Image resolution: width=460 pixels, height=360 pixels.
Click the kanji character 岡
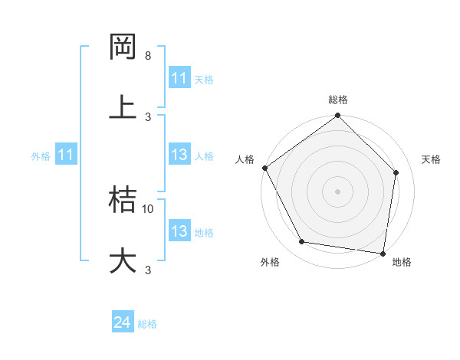point(123,47)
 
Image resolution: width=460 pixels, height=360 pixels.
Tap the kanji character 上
point(123,106)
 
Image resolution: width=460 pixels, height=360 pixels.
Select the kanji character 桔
point(123,199)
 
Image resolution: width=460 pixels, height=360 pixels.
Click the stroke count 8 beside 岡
point(148,56)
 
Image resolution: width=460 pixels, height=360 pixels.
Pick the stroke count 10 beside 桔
point(148,208)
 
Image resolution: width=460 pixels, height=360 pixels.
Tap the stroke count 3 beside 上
point(148,116)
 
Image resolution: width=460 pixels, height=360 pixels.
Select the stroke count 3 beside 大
point(148,270)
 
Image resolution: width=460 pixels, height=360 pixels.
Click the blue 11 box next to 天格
point(179,78)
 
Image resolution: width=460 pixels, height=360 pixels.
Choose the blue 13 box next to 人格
point(179,155)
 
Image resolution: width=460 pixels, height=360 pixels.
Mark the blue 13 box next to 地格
point(179,231)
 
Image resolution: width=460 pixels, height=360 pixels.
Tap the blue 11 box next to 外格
point(66,155)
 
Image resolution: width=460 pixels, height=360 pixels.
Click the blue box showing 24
point(123,323)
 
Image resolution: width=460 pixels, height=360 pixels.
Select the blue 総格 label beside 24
point(147,324)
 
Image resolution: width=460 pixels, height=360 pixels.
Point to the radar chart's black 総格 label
point(338,100)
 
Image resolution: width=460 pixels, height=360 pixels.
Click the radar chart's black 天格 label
point(432,159)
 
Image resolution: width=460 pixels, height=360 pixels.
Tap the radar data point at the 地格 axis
point(383,252)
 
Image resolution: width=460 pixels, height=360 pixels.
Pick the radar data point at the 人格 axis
point(264,168)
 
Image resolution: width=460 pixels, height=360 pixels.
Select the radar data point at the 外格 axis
point(302,242)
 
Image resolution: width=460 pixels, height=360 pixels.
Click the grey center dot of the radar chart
point(338,191)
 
